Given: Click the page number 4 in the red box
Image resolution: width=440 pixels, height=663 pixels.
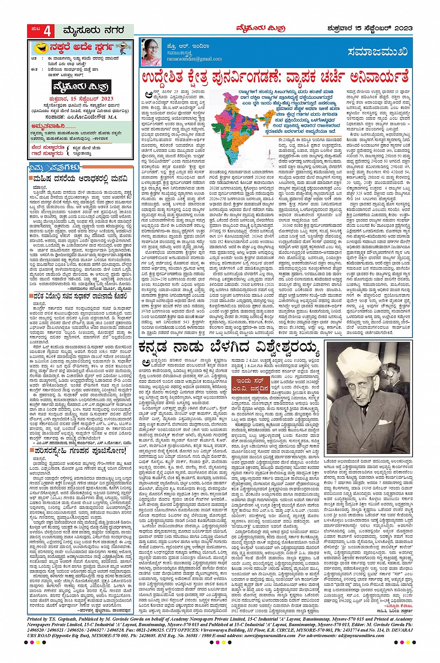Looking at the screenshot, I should pyautogui.click(x=47, y=31).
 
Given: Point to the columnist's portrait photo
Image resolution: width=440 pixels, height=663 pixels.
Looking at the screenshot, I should pyautogui.click(x=151, y=51).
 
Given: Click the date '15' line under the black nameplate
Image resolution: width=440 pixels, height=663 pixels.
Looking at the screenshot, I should pyautogui.click(x=81, y=99).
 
